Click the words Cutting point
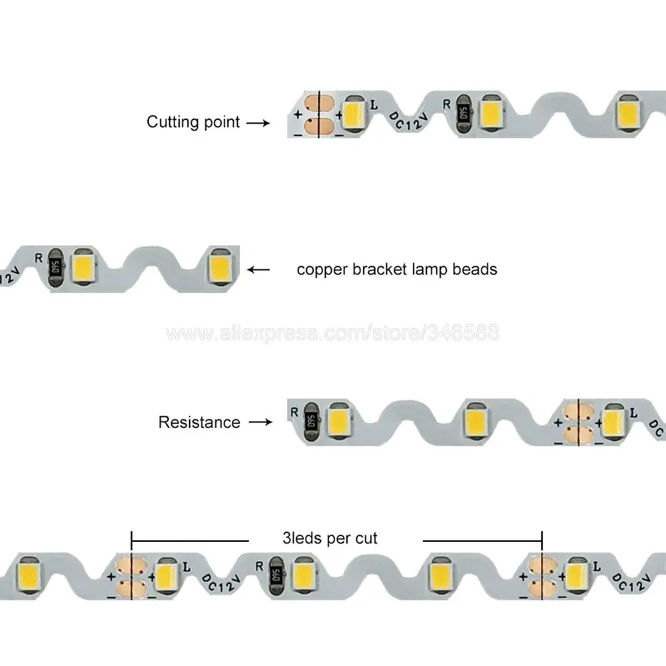tap(193, 123)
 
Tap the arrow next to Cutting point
tap(258, 123)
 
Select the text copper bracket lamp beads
tap(397, 270)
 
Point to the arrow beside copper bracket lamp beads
tap(259, 270)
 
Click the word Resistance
tap(199, 422)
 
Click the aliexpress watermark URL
tap(332, 333)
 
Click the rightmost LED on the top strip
tap(627, 111)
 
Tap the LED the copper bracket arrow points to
tap(220, 266)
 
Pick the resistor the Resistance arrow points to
tap(310, 418)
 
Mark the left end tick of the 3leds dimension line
tap(132, 539)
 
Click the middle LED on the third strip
tap(477, 416)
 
